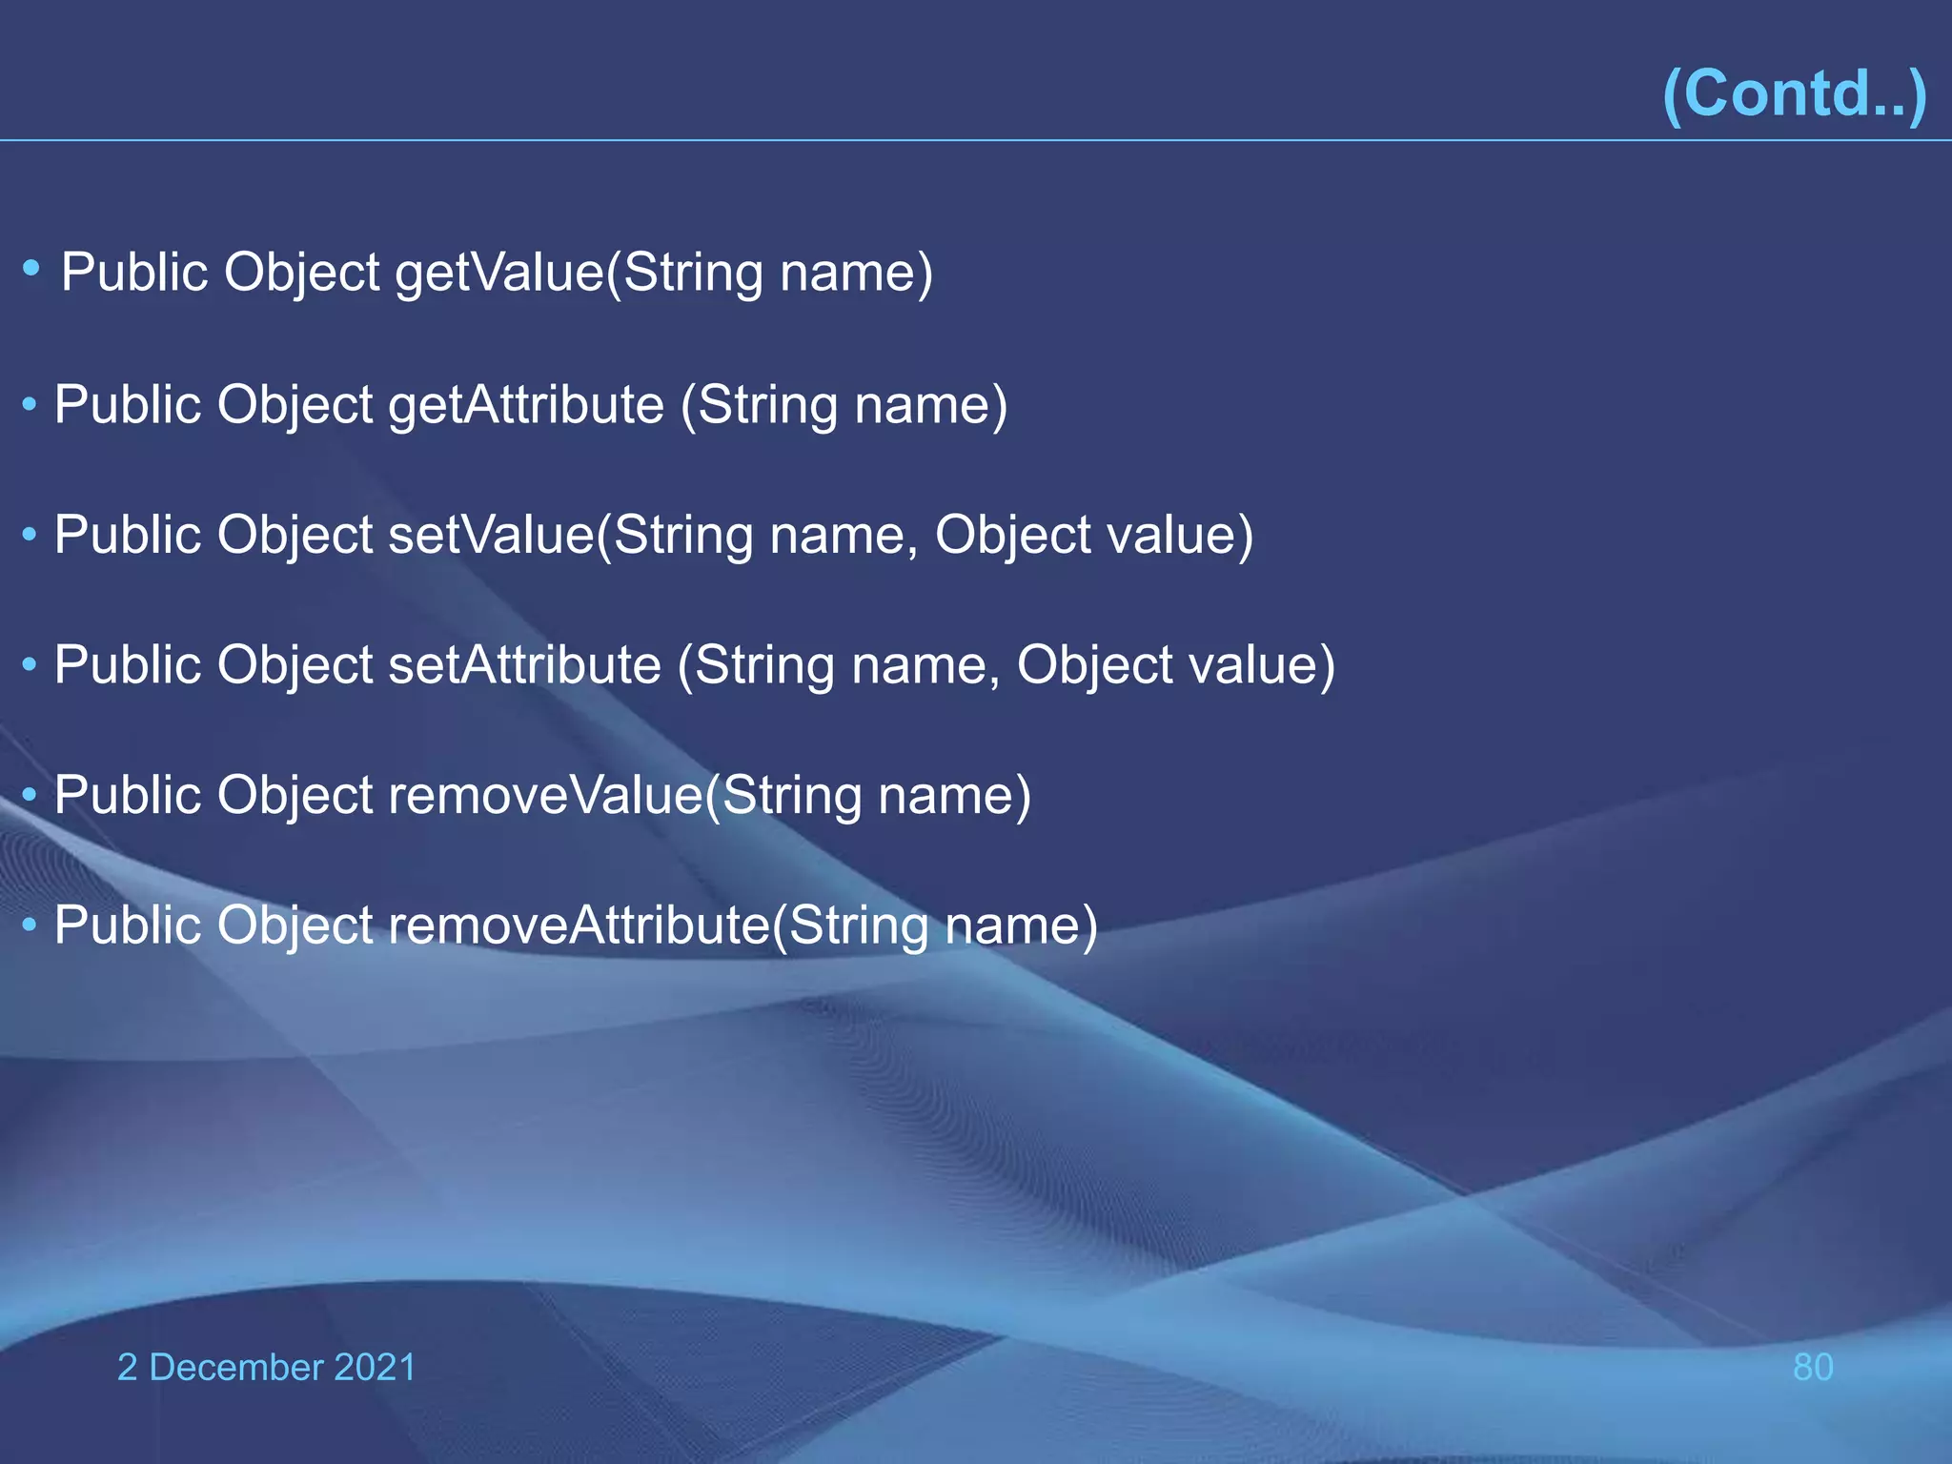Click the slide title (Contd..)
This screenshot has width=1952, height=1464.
pyautogui.click(x=1794, y=93)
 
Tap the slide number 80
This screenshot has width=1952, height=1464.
pyautogui.click(x=1813, y=1367)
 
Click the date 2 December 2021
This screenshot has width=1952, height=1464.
pyautogui.click(x=267, y=1367)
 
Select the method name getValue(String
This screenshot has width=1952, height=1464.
pyautogui.click(x=579, y=273)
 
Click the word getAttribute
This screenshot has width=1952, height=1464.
pyautogui.click(x=526, y=405)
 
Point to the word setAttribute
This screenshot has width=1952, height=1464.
pyautogui.click(x=525, y=664)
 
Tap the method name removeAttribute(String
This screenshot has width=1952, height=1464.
pyautogui.click(x=659, y=925)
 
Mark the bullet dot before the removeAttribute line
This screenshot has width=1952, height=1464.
pyautogui.click(x=30, y=924)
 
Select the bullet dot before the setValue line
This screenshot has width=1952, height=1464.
pyautogui.click(x=30, y=534)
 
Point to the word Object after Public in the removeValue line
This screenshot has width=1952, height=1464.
pyautogui.click(x=295, y=795)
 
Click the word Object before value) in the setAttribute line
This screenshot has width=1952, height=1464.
pyautogui.click(x=1095, y=664)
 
